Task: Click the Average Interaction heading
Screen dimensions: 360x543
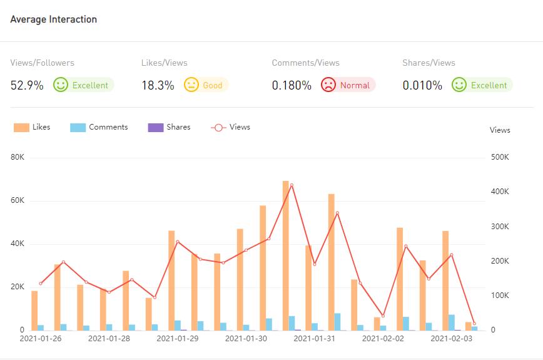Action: (x=54, y=19)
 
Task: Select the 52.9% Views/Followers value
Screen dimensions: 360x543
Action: (x=27, y=85)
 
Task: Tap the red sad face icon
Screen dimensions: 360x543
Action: (x=328, y=85)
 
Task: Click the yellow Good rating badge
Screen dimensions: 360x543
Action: (x=206, y=85)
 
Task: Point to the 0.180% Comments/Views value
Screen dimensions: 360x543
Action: (x=292, y=85)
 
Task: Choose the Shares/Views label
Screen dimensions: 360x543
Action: (x=429, y=63)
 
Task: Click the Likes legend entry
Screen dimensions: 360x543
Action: (x=32, y=127)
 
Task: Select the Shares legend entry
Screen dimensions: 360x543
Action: (x=169, y=127)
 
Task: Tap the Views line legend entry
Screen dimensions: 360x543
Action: (x=231, y=127)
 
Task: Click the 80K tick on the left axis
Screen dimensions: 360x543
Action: (x=17, y=158)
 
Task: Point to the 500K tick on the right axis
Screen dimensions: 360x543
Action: (x=500, y=158)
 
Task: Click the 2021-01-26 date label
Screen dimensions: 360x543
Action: (x=40, y=339)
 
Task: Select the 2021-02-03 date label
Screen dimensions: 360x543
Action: (x=452, y=339)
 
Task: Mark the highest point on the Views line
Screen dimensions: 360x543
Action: (x=292, y=185)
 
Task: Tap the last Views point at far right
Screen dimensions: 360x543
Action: (x=474, y=324)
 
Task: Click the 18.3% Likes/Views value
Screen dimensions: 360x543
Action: (x=158, y=85)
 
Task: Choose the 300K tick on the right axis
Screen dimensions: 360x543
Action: (x=500, y=227)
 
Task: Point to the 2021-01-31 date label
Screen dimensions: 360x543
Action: (x=315, y=339)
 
